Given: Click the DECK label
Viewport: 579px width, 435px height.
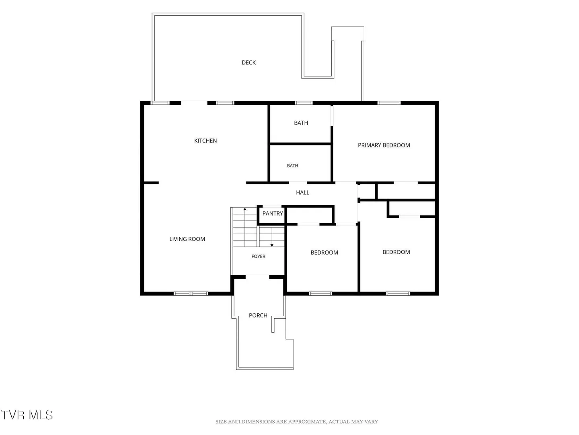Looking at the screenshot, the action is click(x=248, y=62).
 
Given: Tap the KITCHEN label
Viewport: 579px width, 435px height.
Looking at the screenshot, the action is click(x=205, y=141).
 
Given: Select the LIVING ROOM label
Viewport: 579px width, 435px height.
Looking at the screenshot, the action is click(x=187, y=239).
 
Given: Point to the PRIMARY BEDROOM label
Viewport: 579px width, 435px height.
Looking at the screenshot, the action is click(x=384, y=145).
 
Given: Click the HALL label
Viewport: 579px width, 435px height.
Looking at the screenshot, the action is click(x=302, y=193).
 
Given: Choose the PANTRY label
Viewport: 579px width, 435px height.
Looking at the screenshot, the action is click(x=273, y=213).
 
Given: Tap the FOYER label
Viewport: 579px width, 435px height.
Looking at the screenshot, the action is click(x=258, y=257).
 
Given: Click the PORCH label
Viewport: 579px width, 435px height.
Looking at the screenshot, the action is click(x=258, y=315).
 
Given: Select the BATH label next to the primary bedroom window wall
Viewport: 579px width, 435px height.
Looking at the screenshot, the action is click(x=301, y=123).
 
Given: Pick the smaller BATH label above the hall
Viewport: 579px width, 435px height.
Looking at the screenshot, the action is click(x=293, y=166).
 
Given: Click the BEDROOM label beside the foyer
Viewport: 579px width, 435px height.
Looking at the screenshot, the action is click(x=324, y=253).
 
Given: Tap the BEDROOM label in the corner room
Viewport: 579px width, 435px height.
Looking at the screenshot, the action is click(x=396, y=252).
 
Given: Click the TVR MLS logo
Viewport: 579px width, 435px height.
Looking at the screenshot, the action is click(x=27, y=415).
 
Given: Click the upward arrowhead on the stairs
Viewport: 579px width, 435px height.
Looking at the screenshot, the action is click(x=245, y=209).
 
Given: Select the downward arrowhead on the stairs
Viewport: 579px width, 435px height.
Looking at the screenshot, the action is click(x=272, y=245).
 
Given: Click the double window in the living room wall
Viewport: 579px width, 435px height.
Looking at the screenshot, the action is click(x=191, y=294).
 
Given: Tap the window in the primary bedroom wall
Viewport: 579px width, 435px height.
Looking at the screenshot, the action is click(x=389, y=103).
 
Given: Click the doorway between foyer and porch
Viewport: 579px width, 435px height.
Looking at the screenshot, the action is click(x=257, y=277).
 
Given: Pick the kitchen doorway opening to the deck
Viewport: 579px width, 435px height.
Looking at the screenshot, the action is click(x=194, y=103).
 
